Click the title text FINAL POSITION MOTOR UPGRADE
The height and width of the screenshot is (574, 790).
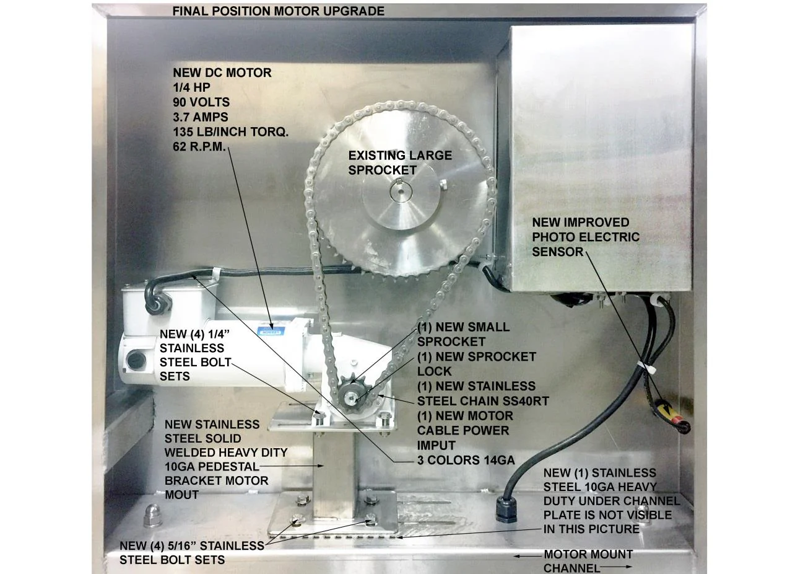[278, 11]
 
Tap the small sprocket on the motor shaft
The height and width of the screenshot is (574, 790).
[351, 392]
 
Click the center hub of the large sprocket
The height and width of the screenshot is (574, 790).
[401, 192]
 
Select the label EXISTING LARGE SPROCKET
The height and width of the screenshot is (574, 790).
[400, 163]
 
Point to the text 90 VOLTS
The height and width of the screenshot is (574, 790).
[201, 102]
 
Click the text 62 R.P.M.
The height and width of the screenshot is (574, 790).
[199, 147]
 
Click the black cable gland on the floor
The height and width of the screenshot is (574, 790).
[506, 510]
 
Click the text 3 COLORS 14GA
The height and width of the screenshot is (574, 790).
[466, 461]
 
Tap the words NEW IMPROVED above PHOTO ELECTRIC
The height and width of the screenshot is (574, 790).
[581, 223]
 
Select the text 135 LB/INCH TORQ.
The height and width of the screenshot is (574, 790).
[231, 132]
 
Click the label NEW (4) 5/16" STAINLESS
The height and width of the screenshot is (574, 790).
[192, 545]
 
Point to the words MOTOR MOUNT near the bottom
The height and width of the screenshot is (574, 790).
[588, 554]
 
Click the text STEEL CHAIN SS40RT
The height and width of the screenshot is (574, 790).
[483, 402]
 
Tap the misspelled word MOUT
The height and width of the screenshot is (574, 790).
[181, 495]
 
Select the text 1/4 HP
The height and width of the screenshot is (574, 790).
[191, 87]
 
